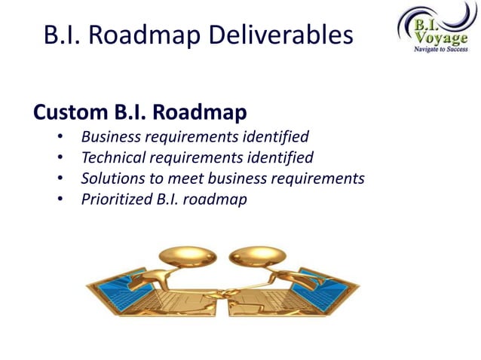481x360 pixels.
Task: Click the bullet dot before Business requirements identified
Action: (x=60, y=138)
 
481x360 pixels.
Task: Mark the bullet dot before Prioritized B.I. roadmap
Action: (x=60, y=201)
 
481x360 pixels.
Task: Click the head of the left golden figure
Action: (x=186, y=257)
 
